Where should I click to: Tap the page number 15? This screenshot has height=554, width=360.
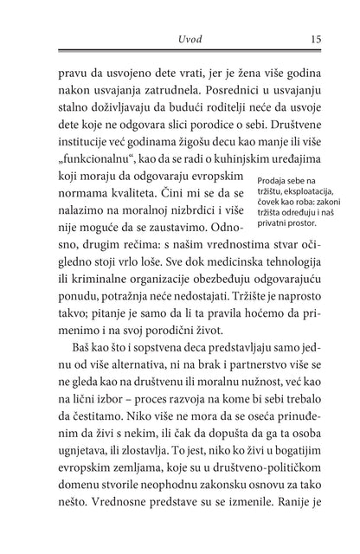point(318,39)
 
